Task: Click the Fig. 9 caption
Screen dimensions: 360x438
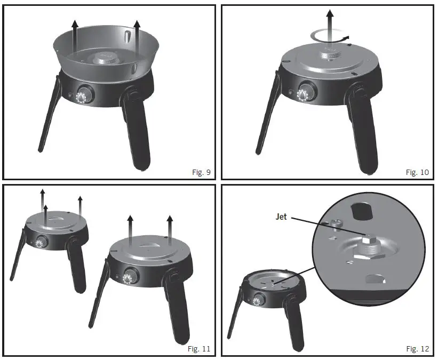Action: [201, 172]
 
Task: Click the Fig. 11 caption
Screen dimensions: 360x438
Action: [200, 349]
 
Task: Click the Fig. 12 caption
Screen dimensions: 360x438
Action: [418, 349]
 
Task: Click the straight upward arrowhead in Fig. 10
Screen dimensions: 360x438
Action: [330, 13]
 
